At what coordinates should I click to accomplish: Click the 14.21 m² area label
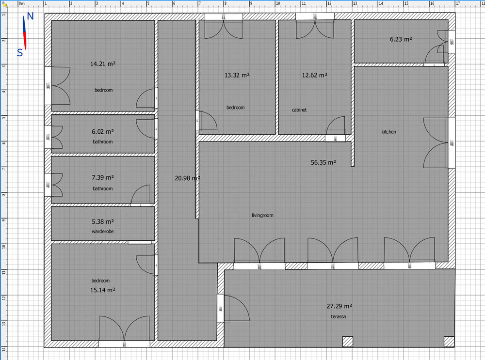point(103,64)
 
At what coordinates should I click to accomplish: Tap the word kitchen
point(388,132)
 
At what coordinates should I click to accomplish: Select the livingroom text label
point(262,216)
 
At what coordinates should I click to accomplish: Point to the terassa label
point(339,316)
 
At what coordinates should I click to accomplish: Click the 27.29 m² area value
point(339,306)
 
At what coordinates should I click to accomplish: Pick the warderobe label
point(103,231)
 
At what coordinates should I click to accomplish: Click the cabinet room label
point(299,110)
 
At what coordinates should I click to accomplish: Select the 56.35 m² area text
point(323,162)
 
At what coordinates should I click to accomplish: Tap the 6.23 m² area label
point(401,39)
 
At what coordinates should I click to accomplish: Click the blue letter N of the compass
point(30,16)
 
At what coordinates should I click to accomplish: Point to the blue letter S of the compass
point(20,53)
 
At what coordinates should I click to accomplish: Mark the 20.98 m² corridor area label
point(187,178)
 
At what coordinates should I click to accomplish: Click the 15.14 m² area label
point(103,290)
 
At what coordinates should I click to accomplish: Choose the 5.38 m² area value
point(103,222)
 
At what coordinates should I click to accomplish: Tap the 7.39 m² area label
point(103,178)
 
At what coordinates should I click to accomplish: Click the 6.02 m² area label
point(103,132)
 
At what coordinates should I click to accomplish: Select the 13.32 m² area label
point(237,75)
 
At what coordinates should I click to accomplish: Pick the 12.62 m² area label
point(315,75)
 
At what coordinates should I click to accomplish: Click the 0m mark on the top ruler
point(22,4)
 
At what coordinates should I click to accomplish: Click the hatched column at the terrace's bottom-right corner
point(449,342)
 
